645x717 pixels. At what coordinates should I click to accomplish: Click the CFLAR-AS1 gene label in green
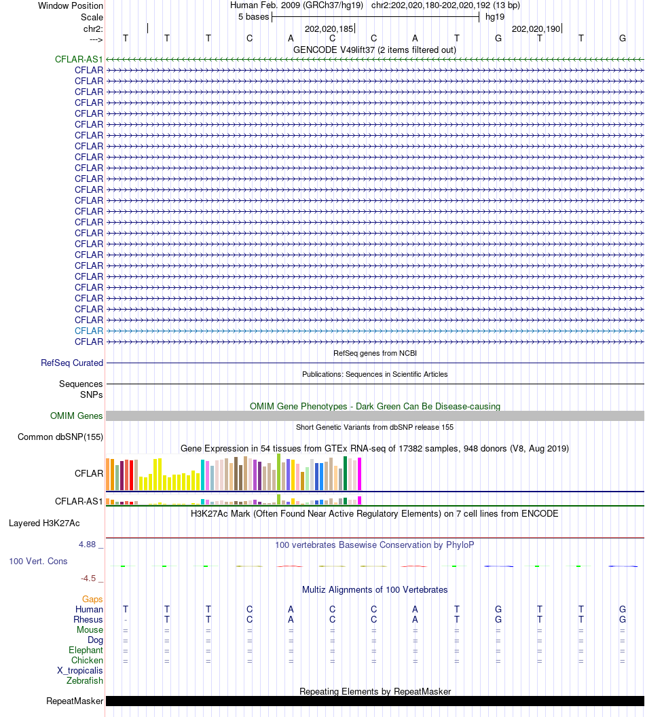[79, 59]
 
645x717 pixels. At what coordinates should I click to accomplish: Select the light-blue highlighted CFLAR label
[89, 331]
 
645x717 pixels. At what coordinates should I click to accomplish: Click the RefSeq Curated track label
[72, 363]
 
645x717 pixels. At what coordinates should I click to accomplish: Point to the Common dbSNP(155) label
[60, 437]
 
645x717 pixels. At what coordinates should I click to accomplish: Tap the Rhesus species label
[88, 619]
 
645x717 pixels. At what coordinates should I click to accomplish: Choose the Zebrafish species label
[85, 680]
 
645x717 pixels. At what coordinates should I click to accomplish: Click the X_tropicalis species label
[80, 670]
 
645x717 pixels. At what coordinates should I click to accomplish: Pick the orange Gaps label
[92, 599]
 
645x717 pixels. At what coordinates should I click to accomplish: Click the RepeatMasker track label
[75, 701]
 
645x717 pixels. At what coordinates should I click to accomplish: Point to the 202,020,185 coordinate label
[329, 29]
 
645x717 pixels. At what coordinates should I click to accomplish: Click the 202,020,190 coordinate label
[536, 29]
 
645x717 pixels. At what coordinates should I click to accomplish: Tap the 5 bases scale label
[253, 16]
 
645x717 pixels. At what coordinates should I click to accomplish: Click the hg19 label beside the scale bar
[494, 16]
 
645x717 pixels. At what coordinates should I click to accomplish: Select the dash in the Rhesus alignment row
[126, 620]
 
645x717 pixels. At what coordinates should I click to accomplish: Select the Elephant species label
[86, 650]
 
